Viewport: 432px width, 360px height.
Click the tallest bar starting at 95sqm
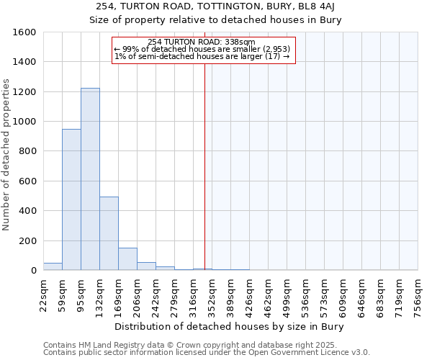click(x=90, y=179)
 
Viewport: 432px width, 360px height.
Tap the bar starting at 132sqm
click(x=109, y=233)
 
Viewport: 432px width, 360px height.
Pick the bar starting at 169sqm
click(x=127, y=259)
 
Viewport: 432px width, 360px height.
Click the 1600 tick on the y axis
click(x=25, y=32)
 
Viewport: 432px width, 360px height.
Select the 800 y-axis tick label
click(x=28, y=151)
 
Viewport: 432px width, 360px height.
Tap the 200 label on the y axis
click(x=28, y=240)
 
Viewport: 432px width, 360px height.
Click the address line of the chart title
click(x=215, y=6)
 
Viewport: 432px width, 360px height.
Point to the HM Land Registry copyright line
click(x=201, y=345)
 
